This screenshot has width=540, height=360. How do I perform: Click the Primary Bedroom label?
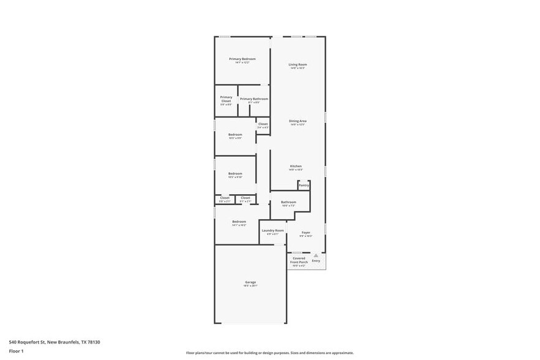(242, 59)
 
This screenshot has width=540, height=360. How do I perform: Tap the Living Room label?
(298, 64)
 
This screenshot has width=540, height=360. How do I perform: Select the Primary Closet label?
(226, 99)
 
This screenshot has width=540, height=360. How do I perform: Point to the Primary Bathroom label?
(253, 99)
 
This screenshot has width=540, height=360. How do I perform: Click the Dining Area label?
(298, 121)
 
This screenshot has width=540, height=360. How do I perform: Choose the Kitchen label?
(296, 166)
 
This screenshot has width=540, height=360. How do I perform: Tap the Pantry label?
(304, 185)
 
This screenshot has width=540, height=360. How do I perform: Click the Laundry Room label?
(272, 230)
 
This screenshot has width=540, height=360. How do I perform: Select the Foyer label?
(306, 233)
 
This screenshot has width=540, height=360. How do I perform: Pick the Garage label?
(251, 282)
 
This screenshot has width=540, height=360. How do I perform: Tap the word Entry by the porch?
(316, 261)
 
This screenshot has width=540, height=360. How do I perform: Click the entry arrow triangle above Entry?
(316, 255)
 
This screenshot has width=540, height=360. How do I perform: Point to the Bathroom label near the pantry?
(288, 202)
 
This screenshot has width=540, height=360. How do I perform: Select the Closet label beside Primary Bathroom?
(263, 124)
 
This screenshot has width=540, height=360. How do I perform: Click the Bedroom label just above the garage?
(239, 222)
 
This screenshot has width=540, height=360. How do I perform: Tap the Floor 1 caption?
(16, 351)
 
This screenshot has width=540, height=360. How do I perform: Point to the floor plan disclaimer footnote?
(269, 353)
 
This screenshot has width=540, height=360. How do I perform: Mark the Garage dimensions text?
(251, 286)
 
